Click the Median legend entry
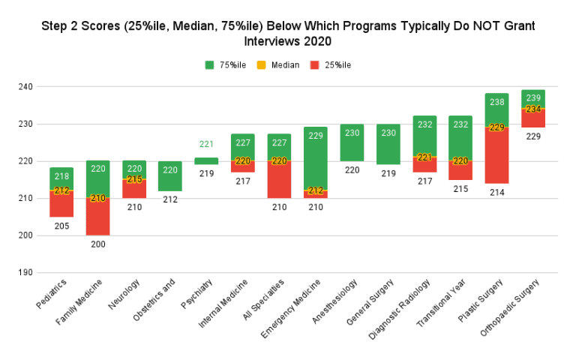[x=279, y=65]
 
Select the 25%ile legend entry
[x=331, y=65]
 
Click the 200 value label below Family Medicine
[x=97, y=244]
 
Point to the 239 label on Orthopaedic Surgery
[x=533, y=97]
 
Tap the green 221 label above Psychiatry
[x=206, y=144]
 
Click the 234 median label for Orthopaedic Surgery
[x=533, y=109]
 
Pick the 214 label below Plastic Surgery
[x=496, y=193]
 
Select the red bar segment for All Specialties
[x=279, y=181]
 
